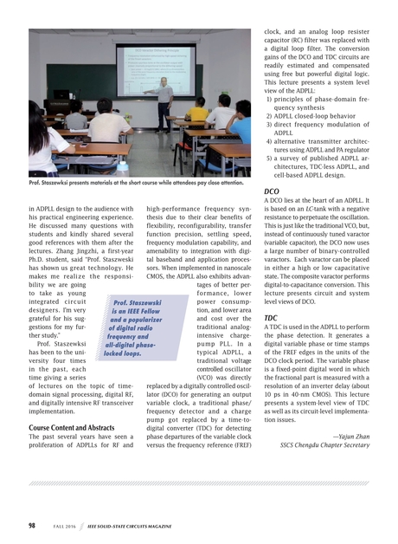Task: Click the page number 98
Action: (31, 525)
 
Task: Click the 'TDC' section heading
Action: (270, 318)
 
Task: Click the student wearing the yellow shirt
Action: (198, 111)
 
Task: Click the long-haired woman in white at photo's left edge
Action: (40, 139)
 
